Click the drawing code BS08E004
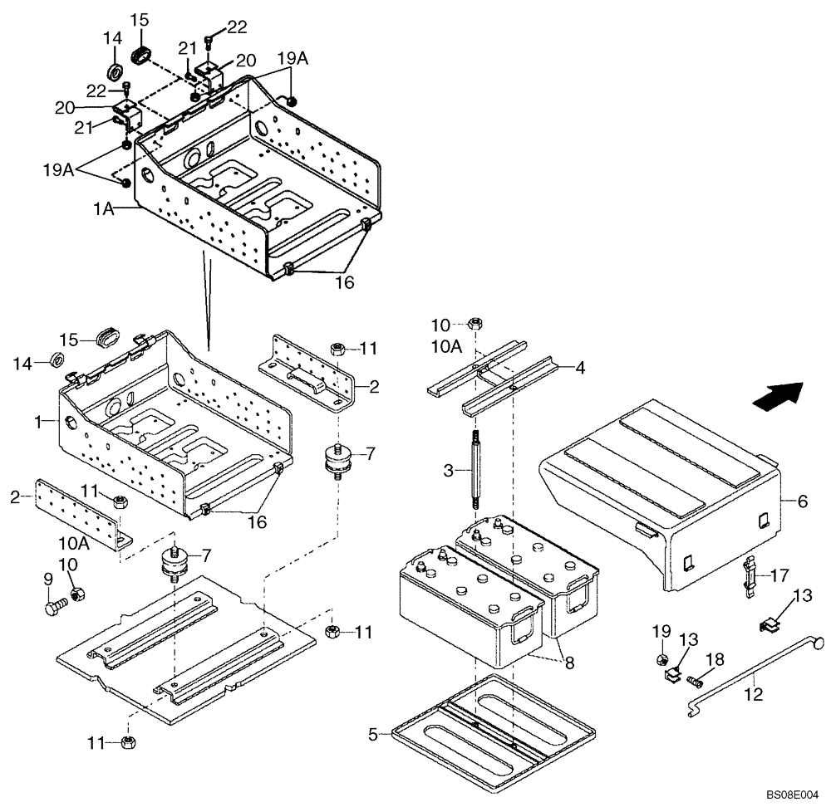[793, 795]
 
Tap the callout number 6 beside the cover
[803, 501]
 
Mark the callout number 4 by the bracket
[580, 367]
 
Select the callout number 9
[48, 578]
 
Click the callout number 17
[779, 573]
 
